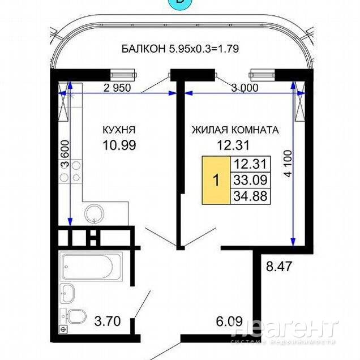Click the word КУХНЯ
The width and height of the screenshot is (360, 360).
119,130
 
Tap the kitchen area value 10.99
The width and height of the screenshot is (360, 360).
119,145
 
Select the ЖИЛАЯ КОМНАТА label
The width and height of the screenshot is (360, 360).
235,130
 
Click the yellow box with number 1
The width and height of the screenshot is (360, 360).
216,180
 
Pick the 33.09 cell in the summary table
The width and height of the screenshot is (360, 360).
251,180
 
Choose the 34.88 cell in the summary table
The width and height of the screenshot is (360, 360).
251,196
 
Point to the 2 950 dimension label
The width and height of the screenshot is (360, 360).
117,88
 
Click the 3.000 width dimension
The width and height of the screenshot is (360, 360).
245,88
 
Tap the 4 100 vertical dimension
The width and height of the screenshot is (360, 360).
288,164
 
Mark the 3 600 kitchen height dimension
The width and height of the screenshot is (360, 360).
65,154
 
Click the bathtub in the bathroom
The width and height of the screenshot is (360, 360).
91,267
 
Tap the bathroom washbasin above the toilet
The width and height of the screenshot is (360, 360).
67,293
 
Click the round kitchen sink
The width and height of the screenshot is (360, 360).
94,213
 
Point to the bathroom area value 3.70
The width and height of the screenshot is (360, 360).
108,321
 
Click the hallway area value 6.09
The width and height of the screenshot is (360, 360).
229,321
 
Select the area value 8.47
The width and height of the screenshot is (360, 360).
278,267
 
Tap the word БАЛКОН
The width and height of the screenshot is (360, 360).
144,49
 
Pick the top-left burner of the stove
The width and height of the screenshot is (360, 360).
76,166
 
